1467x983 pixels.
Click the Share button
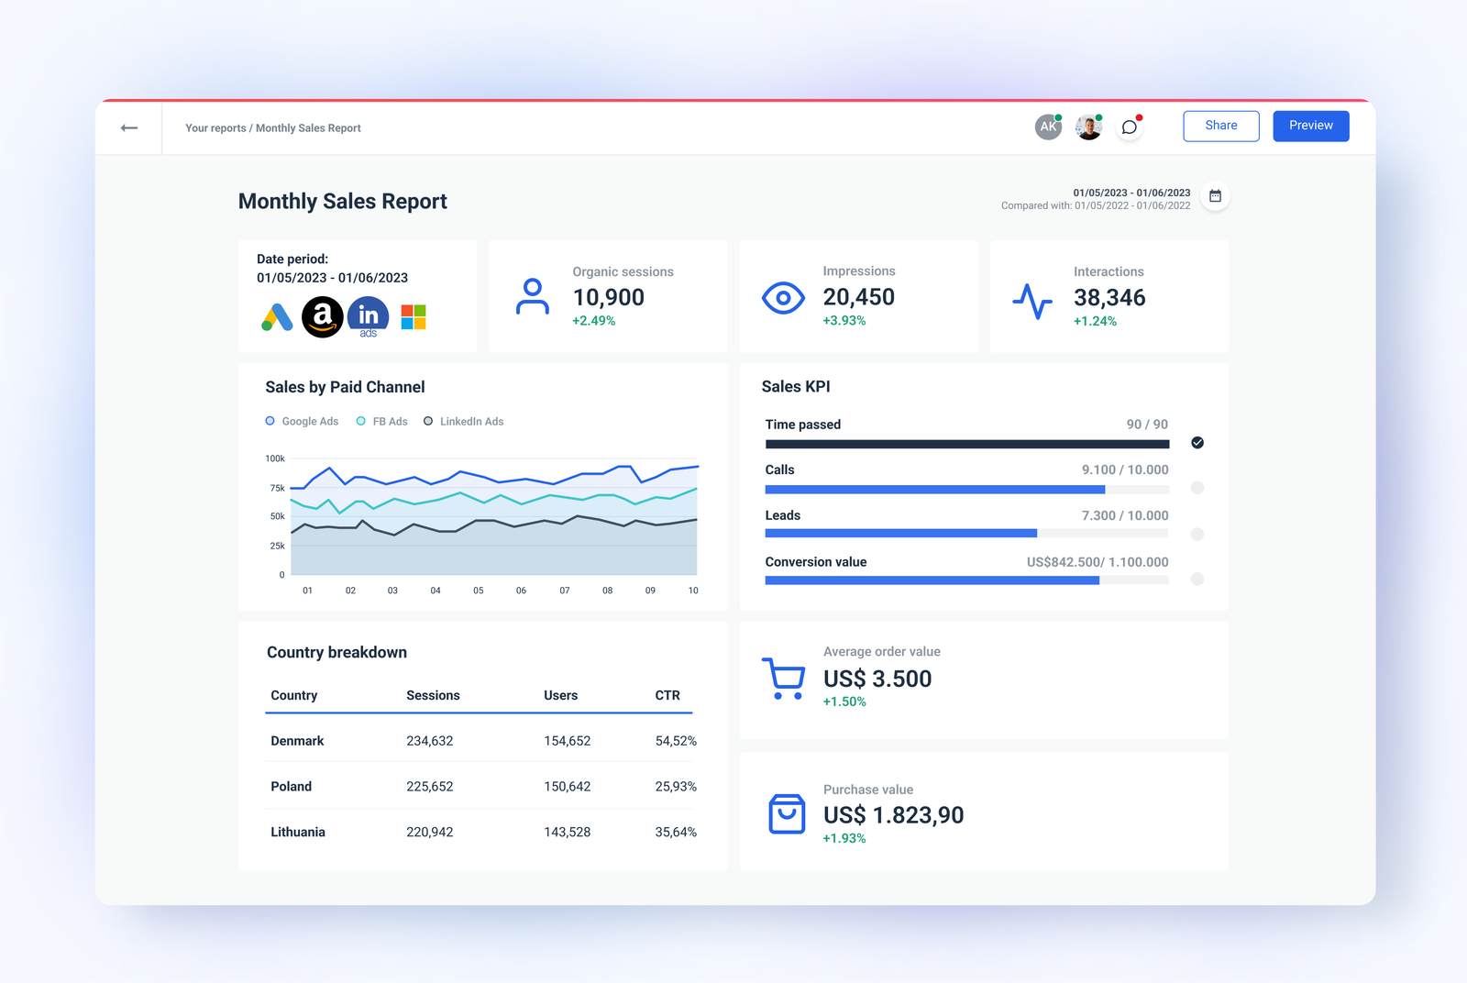pyautogui.click(x=1220, y=126)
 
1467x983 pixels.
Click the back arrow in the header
pyautogui.click(x=129, y=127)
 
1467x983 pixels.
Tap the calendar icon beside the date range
pyautogui.click(x=1215, y=196)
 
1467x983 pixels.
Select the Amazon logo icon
pyautogui.click(x=323, y=317)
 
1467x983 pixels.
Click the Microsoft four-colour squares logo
pyautogui.click(x=414, y=317)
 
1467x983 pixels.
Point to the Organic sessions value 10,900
pyautogui.click(x=608, y=297)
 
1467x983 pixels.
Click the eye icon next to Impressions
pyautogui.click(x=783, y=298)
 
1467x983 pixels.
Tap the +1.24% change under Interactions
pyautogui.click(x=1095, y=321)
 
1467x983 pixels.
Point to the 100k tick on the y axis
pyautogui.click(x=275, y=458)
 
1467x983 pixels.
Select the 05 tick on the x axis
pyautogui.click(x=479, y=591)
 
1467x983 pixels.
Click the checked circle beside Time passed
pyautogui.click(x=1197, y=443)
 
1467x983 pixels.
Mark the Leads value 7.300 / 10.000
pyautogui.click(x=1125, y=515)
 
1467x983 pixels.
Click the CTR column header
pyautogui.click(x=667, y=695)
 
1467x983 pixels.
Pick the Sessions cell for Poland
pyautogui.click(x=430, y=787)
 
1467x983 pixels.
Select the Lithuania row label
pyautogui.click(x=298, y=833)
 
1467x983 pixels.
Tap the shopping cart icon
pyautogui.click(x=783, y=679)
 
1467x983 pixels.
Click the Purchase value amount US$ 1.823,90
pyautogui.click(x=893, y=815)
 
